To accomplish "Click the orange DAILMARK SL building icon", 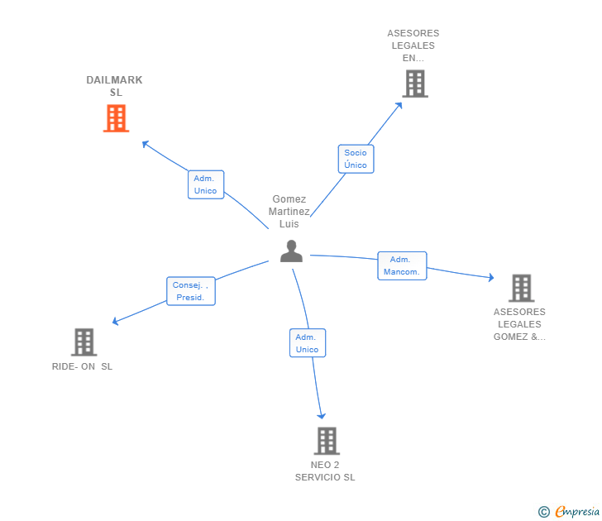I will click(x=116, y=118).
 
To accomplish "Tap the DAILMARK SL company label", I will click(x=115, y=86).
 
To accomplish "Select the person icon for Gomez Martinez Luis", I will click(x=291, y=251).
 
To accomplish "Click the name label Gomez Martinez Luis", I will click(x=289, y=212).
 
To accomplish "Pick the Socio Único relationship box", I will click(x=356, y=159).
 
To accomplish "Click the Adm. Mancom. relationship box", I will click(x=402, y=265).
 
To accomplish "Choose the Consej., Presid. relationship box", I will click(x=190, y=291).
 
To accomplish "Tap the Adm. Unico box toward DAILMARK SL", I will click(x=205, y=184).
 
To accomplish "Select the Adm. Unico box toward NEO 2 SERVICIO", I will click(x=307, y=343).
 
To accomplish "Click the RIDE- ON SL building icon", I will click(x=84, y=342).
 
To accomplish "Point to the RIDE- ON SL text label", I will click(x=82, y=366).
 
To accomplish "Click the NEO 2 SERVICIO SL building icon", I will click(x=327, y=441).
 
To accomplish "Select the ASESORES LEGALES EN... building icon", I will click(x=415, y=84).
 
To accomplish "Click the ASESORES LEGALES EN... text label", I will click(x=413, y=45).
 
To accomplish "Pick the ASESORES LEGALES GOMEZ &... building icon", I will click(x=521, y=288).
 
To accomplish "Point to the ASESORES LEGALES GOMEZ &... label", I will click(x=519, y=324).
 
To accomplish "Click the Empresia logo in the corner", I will click(x=569, y=512).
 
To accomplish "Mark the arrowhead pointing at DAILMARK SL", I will click(x=145, y=143).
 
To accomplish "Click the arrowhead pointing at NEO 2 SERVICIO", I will click(x=322, y=415).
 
